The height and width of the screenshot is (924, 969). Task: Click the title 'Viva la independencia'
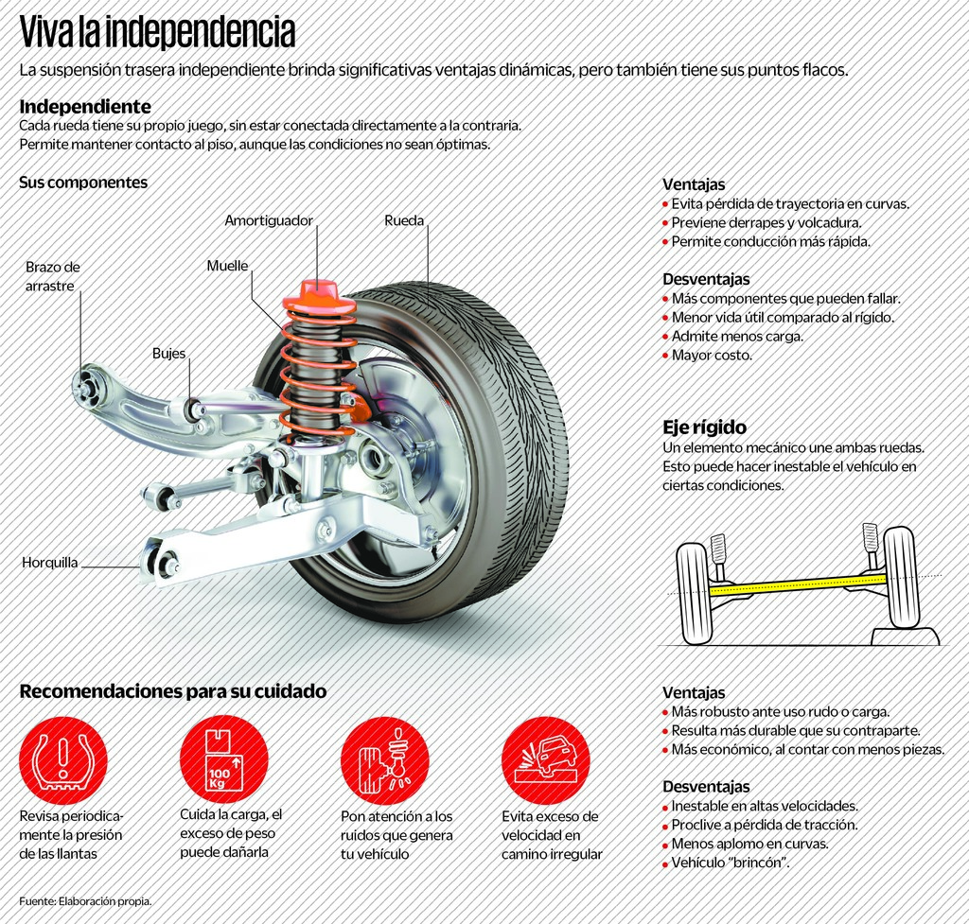pos(157,33)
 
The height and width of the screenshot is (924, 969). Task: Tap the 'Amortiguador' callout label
pos(268,220)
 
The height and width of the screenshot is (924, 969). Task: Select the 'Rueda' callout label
pos(404,220)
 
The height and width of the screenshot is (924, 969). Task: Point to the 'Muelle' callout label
pos(227,266)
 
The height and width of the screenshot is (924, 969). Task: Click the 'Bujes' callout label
pos(168,354)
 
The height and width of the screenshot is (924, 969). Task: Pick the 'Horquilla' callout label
pos(49,564)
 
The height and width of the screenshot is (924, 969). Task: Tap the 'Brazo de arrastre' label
pos(52,276)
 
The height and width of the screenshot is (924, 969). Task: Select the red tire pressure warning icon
pos(63,760)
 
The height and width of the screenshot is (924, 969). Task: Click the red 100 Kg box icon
pos(223,759)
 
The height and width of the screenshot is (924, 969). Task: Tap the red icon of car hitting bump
pos(545,759)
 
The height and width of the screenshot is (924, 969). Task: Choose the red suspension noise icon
pos(384,759)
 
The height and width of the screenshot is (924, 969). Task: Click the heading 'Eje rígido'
pos(704,427)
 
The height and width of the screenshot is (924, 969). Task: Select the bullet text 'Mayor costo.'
pos(712,356)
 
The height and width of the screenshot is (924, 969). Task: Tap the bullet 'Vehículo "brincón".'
pos(731,863)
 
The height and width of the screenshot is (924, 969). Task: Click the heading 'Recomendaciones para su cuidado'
pos(173,691)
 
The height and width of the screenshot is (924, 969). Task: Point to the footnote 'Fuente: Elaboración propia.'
pos(85,901)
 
